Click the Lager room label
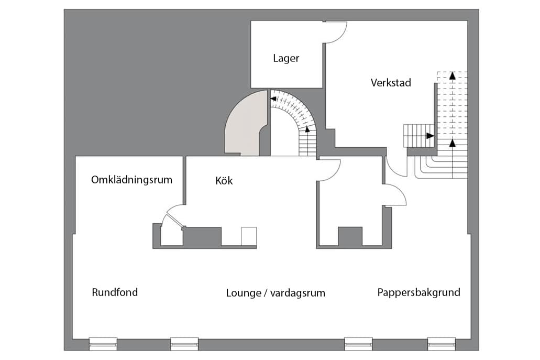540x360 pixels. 286,58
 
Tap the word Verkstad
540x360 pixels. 391,82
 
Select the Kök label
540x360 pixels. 224,181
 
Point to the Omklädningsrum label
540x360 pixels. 131,180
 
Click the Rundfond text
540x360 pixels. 115,292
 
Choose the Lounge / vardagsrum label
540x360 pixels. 275,293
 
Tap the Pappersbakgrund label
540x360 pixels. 418,292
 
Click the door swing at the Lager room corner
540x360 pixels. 336,31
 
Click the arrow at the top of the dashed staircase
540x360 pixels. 452,75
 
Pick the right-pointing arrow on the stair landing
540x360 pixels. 430,136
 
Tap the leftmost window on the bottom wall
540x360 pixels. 103,344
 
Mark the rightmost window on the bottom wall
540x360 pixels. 442,344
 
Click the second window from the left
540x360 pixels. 184,344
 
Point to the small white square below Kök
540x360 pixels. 249,236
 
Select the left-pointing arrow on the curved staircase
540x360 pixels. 273,97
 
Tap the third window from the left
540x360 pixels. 358,344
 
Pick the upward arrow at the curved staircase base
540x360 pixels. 307,129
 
